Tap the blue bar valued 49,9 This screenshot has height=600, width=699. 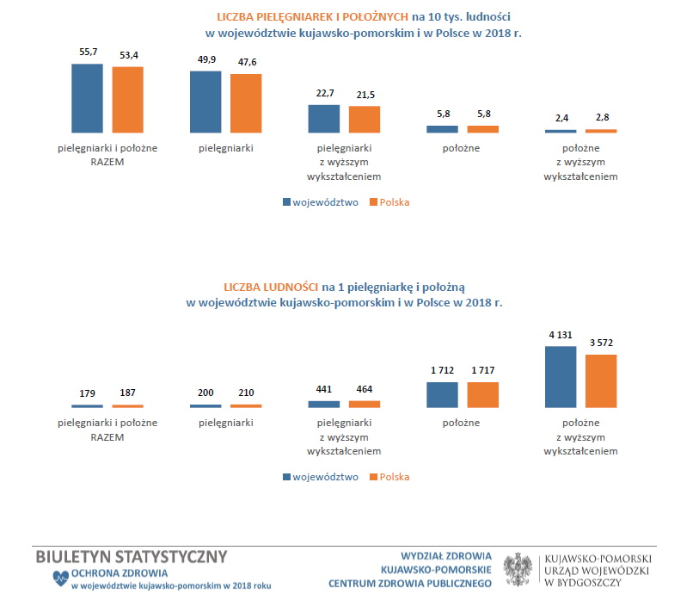(205, 102)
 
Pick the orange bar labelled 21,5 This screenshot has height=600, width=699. (365, 119)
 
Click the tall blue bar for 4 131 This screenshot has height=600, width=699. (561, 376)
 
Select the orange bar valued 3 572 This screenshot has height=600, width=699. (601, 380)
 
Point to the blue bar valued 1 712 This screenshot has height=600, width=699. (442, 394)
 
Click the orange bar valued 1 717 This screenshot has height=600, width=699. (482, 394)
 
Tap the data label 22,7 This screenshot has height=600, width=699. (323, 94)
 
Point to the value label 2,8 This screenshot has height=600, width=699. (601, 117)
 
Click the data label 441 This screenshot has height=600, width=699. (323, 389)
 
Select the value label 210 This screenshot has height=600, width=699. (246, 392)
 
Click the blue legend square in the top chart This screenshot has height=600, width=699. (287, 203)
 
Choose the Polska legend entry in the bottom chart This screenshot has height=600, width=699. (389, 477)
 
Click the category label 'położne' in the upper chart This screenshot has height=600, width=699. (463, 148)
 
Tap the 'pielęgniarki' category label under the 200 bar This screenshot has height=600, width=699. (225, 423)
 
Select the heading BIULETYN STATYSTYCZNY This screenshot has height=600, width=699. (132, 556)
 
